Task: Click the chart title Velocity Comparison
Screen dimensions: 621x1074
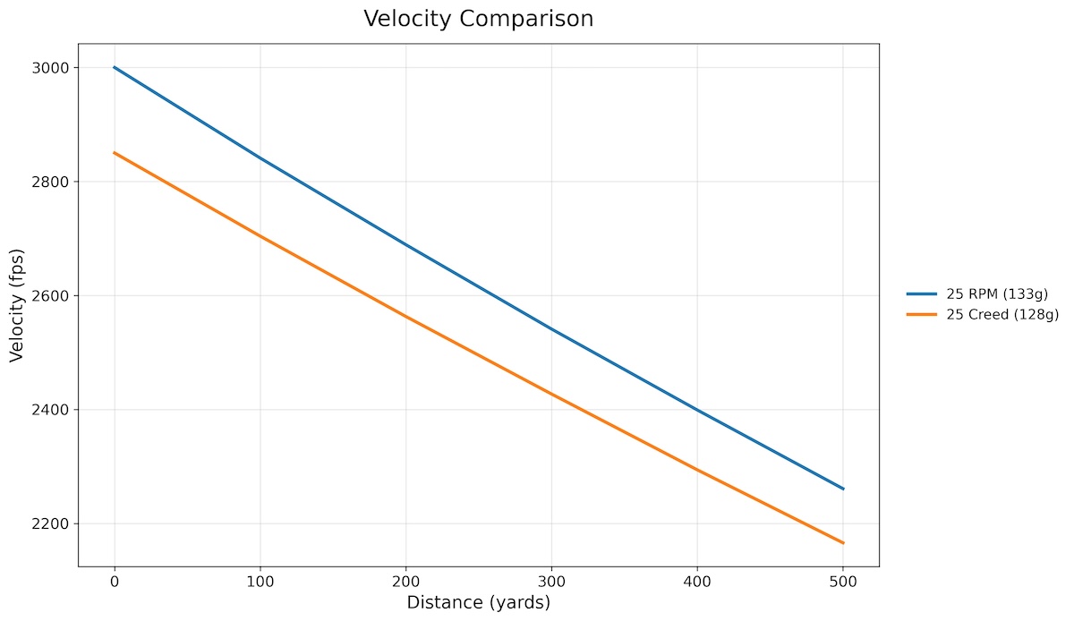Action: point(478,19)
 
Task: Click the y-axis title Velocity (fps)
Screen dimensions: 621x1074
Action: point(17,304)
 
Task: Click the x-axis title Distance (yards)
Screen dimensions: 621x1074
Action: point(478,602)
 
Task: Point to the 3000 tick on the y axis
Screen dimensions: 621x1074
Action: point(54,68)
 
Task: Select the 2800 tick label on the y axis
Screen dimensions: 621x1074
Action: point(54,182)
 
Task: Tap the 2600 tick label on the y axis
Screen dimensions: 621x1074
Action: point(54,296)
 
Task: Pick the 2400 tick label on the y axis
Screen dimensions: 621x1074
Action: point(54,410)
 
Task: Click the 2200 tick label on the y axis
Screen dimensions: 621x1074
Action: point(54,523)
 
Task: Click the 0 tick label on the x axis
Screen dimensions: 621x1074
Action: point(115,582)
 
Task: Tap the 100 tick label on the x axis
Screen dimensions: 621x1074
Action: point(260,582)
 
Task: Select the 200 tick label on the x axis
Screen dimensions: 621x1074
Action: point(405,582)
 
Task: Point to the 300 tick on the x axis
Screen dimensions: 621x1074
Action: point(551,582)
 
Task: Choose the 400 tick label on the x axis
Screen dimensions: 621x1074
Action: point(697,582)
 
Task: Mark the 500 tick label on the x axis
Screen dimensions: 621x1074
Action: point(843,582)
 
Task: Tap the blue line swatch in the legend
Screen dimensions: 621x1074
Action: point(921,293)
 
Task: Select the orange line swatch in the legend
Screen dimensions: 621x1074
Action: point(921,314)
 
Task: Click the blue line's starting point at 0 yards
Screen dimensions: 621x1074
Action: point(115,67)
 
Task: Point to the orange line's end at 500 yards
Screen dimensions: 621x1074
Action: point(843,543)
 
